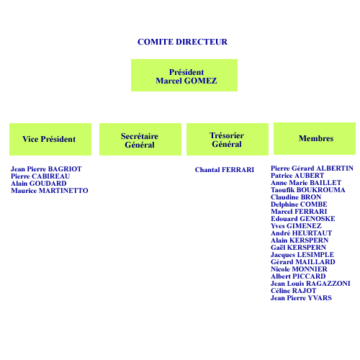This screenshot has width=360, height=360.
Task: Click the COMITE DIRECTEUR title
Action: (x=182, y=42)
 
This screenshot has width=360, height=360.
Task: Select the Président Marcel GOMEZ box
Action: (x=184, y=75)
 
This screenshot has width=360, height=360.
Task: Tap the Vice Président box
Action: (x=50, y=139)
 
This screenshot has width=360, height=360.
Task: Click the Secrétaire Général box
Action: (x=140, y=139)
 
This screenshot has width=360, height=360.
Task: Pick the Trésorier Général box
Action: (x=228, y=139)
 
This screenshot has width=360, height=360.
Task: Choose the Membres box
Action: (x=315, y=138)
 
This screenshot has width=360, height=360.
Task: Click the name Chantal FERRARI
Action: (x=225, y=170)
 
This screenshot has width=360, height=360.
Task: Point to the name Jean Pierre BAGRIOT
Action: (x=46, y=169)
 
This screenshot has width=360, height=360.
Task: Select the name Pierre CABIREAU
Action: (x=40, y=176)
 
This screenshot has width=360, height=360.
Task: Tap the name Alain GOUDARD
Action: (x=39, y=184)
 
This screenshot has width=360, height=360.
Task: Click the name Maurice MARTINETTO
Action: (x=50, y=191)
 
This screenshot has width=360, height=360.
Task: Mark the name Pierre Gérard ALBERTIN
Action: (x=312, y=168)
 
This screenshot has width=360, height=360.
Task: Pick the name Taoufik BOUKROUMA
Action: (x=308, y=190)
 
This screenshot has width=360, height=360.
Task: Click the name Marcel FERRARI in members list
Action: (x=299, y=212)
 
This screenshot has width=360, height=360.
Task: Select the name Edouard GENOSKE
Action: (x=303, y=219)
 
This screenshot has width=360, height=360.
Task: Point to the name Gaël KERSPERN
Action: (x=298, y=248)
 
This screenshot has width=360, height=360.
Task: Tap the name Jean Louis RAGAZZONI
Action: (x=310, y=284)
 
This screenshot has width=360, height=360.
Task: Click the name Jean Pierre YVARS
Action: (x=301, y=298)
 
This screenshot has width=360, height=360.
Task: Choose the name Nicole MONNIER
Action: (x=299, y=269)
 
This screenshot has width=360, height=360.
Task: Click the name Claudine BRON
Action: (x=296, y=197)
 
